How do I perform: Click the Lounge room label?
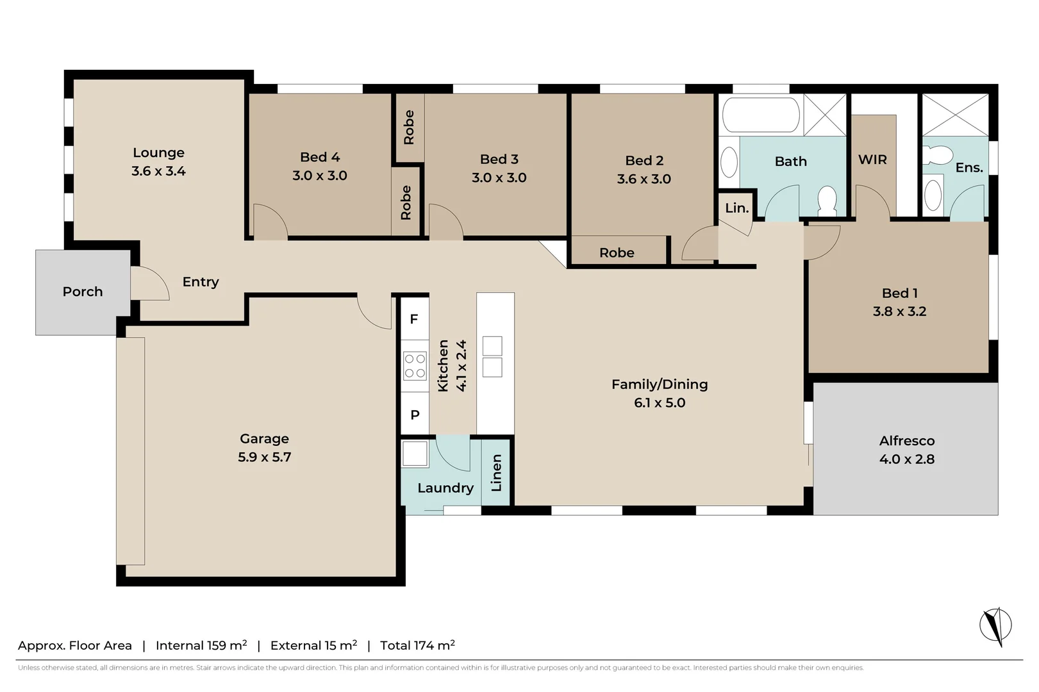[158, 152]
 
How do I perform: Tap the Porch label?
[83, 292]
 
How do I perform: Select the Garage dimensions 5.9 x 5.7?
[264, 457]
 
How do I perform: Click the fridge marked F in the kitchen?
[414, 319]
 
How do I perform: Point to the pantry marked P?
[415, 415]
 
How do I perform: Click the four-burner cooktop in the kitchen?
[415, 367]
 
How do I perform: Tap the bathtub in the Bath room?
[761, 115]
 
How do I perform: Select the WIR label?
[872, 160]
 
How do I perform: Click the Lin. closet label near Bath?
[736, 208]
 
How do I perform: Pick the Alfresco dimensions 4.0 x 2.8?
[906, 459]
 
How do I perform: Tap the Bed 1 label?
[899, 293]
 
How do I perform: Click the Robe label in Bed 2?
[617, 252]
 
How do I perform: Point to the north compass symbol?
[995, 625]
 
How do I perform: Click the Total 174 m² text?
[417, 645]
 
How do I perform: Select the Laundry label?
[445, 488]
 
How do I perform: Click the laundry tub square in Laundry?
[415, 454]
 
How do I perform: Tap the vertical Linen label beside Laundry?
[496, 473]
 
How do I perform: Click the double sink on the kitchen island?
[492, 356]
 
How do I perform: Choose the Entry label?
[201, 282]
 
